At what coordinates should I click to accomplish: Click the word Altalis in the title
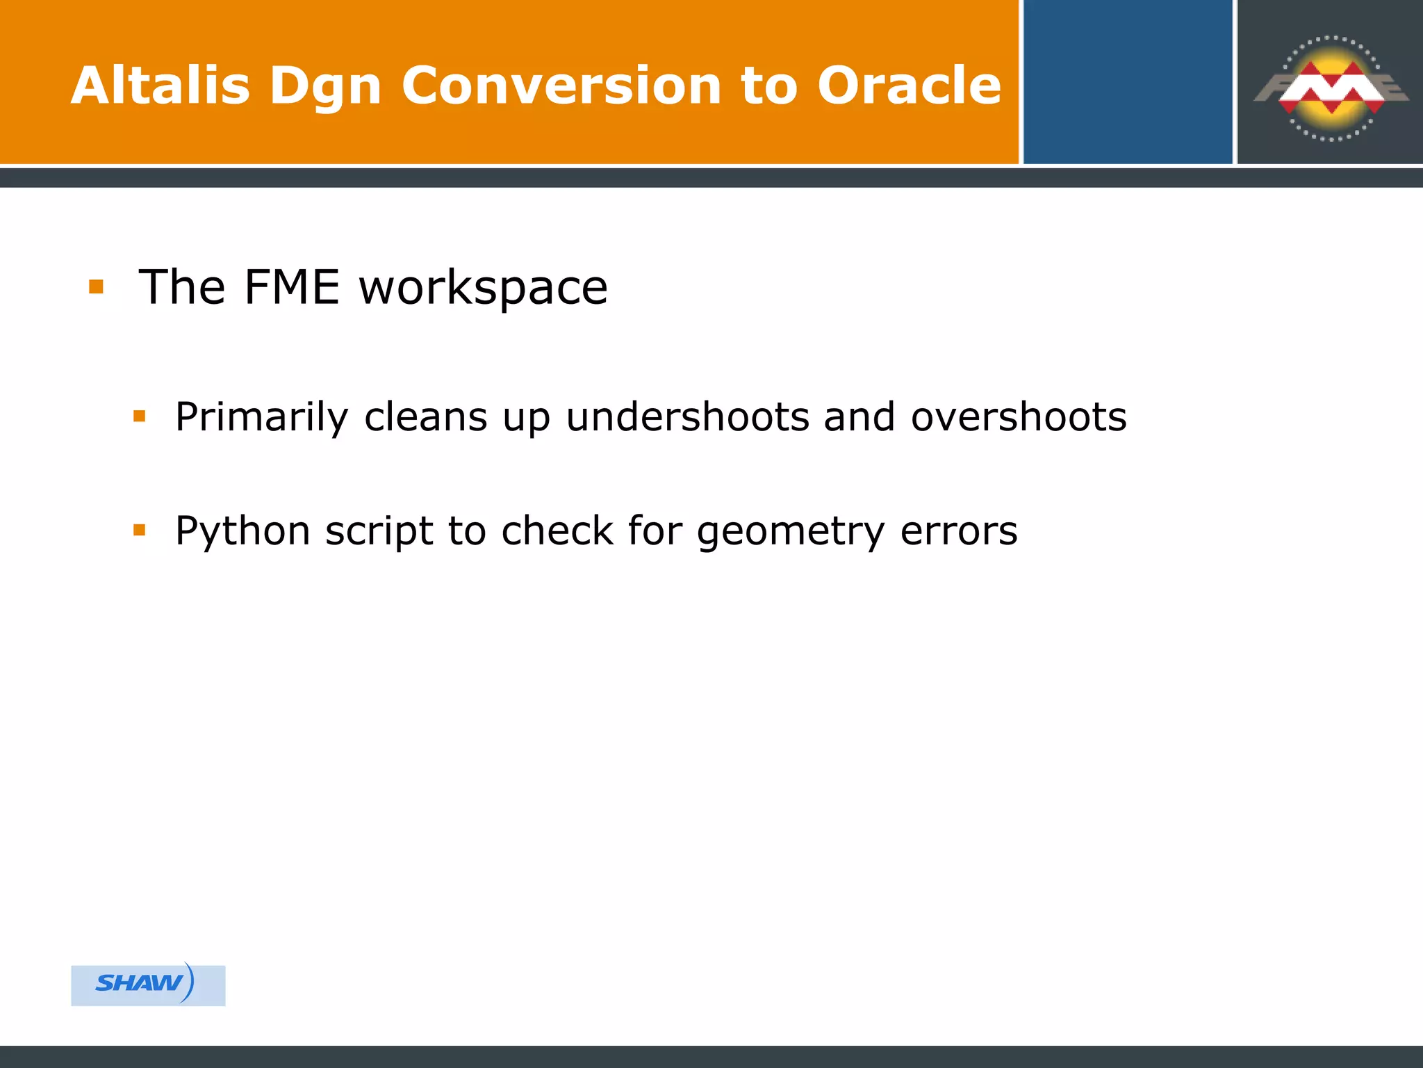click(x=160, y=86)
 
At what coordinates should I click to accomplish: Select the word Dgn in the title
click(x=325, y=87)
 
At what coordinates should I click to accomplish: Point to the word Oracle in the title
click(x=909, y=86)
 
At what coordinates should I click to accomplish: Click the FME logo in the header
click(x=1331, y=88)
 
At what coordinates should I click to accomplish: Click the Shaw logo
click(x=147, y=984)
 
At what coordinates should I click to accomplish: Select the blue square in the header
click(x=1127, y=82)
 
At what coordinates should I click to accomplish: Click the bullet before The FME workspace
click(x=97, y=286)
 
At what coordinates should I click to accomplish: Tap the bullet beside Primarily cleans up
click(x=140, y=416)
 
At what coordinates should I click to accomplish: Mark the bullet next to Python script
click(x=140, y=531)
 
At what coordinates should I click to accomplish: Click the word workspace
click(x=483, y=288)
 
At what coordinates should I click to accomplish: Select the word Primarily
click(x=261, y=418)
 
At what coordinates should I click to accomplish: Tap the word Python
click(x=242, y=532)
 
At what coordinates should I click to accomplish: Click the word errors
click(x=959, y=532)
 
